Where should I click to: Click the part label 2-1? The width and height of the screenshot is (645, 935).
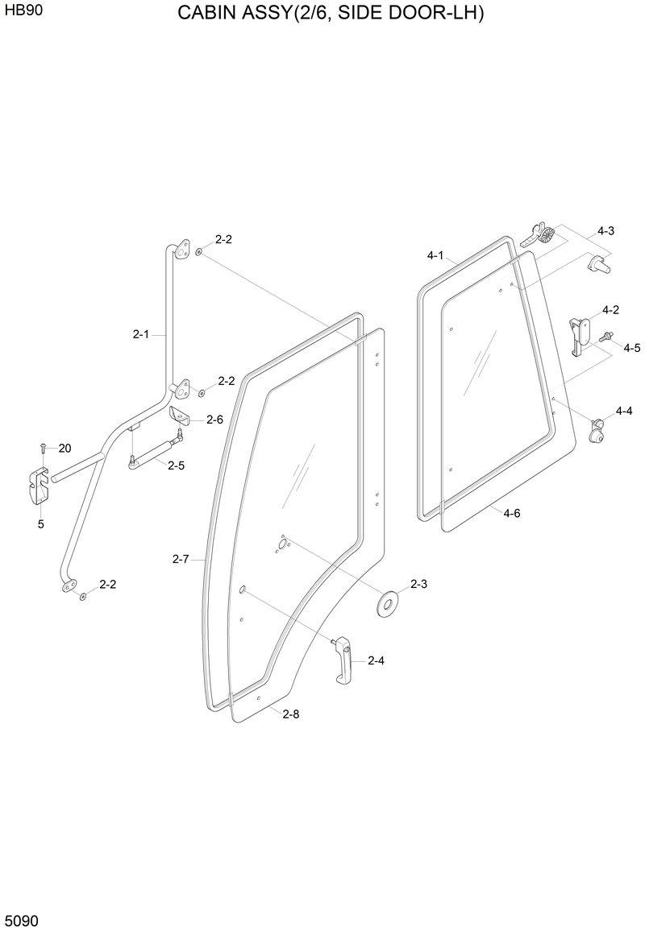pyautogui.click(x=140, y=333)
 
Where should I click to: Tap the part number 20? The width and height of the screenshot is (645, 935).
pyautogui.click(x=64, y=449)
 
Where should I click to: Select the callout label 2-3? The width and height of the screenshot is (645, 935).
pyautogui.click(x=418, y=584)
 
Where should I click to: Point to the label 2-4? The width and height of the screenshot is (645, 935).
pyautogui.click(x=376, y=661)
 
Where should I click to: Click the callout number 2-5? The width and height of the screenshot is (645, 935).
pyautogui.click(x=176, y=465)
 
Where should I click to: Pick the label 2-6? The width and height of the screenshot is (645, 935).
pyautogui.click(x=214, y=419)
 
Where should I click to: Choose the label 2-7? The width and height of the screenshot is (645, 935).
pyautogui.click(x=181, y=558)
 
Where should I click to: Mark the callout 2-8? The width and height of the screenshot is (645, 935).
pyautogui.click(x=291, y=713)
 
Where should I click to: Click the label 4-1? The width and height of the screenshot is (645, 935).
pyautogui.click(x=435, y=255)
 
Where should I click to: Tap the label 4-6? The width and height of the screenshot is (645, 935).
pyautogui.click(x=511, y=513)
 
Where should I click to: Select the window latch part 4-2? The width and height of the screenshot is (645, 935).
pyautogui.click(x=579, y=333)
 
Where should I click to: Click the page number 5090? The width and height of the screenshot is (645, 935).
pyautogui.click(x=22, y=920)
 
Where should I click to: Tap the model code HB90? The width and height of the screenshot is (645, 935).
pyautogui.click(x=23, y=14)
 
